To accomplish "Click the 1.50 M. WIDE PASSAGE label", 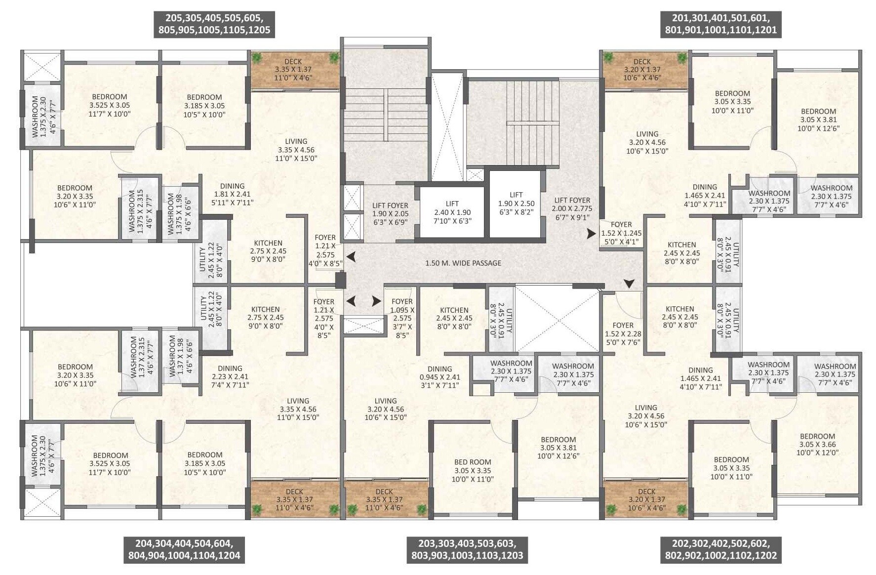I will (x=463, y=263).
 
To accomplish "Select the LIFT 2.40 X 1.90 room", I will (x=452, y=212).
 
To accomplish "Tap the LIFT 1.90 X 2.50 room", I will (x=516, y=203).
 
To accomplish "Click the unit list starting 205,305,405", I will (x=214, y=24).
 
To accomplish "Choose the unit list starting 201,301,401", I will (x=720, y=24).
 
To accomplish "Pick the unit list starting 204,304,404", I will (x=184, y=550).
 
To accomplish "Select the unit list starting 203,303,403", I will (x=467, y=550).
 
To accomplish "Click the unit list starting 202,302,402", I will (x=720, y=550).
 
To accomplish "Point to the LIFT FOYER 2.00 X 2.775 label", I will (x=572, y=208).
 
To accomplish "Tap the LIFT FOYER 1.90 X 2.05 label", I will (x=390, y=213).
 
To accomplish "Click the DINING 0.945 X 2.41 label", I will (x=439, y=377).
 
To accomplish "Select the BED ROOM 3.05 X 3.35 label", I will (x=473, y=470).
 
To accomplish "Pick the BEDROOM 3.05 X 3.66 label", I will (x=817, y=444).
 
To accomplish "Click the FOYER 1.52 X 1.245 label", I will (x=621, y=233).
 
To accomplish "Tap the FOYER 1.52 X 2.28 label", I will (x=623, y=333).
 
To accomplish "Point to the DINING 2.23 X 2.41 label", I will (x=230, y=376).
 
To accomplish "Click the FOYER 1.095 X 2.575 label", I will (x=402, y=318).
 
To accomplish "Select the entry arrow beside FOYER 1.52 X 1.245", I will (x=591, y=234).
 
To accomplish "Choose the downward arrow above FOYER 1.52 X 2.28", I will (x=629, y=284).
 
